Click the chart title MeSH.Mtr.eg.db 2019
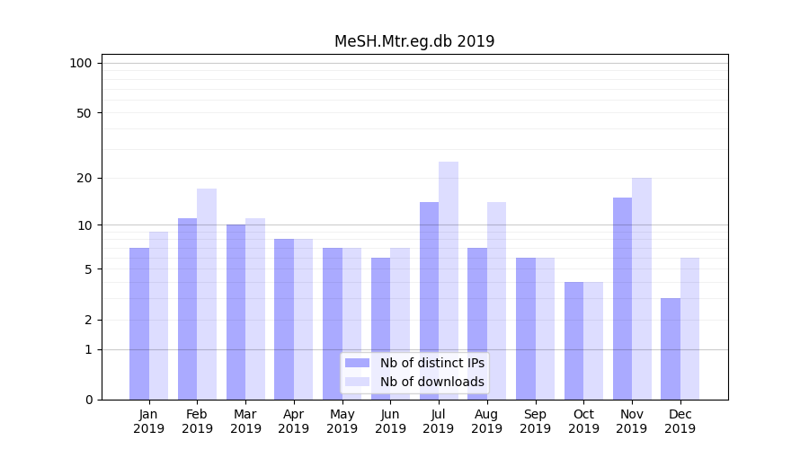point(414,41)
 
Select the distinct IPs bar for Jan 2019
point(139,323)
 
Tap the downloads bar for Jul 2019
point(449,280)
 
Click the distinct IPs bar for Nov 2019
point(622,298)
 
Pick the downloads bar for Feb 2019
point(207,294)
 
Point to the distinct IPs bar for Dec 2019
point(671,348)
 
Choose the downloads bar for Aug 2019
point(496,301)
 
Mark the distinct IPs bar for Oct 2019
point(573,340)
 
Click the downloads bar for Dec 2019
point(689,329)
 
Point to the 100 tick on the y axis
point(81,63)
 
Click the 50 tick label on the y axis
point(84,113)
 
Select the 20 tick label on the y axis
point(84,178)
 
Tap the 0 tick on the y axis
point(88,400)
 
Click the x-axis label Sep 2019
point(535,421)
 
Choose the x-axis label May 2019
point(342,421)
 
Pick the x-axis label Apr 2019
point(294,421)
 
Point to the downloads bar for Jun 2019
point(400,323)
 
